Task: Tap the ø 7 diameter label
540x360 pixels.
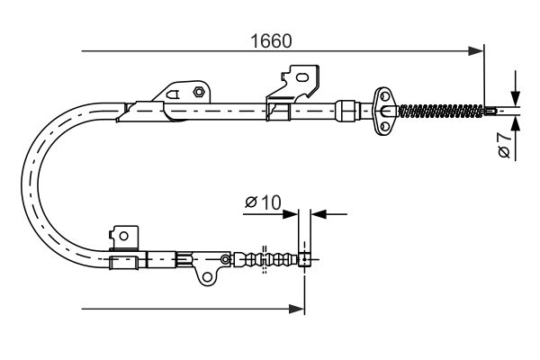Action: click(506, 144)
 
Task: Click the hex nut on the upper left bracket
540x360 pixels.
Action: click(196, 90)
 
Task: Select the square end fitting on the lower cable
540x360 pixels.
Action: click(306, 261)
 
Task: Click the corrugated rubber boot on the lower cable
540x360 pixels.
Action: click(264, 261)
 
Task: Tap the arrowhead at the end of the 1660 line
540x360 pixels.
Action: click(477, 52)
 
